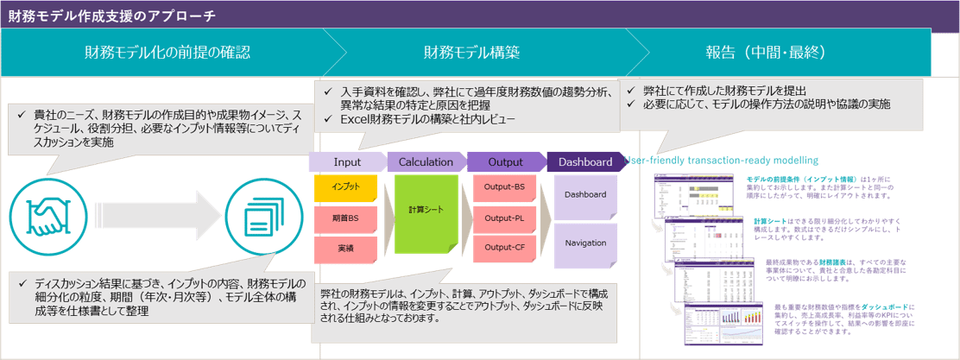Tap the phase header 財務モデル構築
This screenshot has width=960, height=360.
coord(471,53)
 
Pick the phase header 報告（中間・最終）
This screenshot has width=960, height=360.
coord(765,53)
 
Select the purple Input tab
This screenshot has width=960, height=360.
coord(347,161)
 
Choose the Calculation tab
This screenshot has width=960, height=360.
coord(426,161)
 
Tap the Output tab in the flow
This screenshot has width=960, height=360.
coord(506,161)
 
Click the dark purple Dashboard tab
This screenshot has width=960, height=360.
coord(584,161)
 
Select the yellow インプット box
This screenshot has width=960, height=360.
coord(344,186)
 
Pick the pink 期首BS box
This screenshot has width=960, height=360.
coord(344,218)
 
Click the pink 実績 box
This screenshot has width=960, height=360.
coord(344,249)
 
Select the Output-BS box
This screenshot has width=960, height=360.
coord(504,186)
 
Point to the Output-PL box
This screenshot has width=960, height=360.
coord(504,218)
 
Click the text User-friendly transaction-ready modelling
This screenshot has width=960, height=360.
coord(720,160)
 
